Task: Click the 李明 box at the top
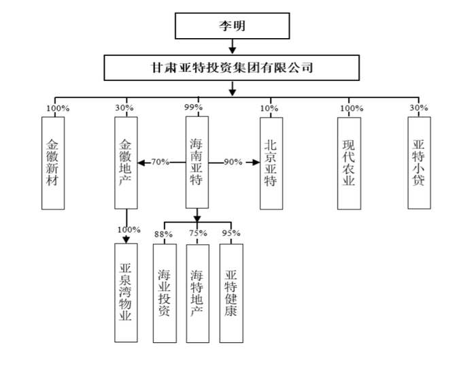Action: (x=233, y=26)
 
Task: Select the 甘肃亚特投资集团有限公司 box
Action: (x=232, y=68)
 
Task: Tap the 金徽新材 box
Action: (x=53, y=163)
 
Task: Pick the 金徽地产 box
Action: (x=126, y=163)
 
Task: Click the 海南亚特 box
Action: (x=197, y=163)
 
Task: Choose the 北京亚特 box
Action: (x=271, y=163)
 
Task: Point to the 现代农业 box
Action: (x=349, y=163)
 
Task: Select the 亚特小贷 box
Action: (x=420, y=163)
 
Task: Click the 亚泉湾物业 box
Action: (x=126, y=292)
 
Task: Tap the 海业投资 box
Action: (x=165, y=293)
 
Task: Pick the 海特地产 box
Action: (x=198, y=294)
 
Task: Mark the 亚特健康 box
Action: (x=231, y=293)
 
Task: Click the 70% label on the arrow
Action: (x=160, y=162)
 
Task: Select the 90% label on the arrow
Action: (x=233, y=162)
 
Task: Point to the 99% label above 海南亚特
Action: (x=193, y=107)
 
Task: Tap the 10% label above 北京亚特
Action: (x=269, y=108)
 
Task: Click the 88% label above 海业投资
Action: (x=163, y=234)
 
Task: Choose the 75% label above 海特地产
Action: (x=198, y=233)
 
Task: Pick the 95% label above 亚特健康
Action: (x=231, y=233)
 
